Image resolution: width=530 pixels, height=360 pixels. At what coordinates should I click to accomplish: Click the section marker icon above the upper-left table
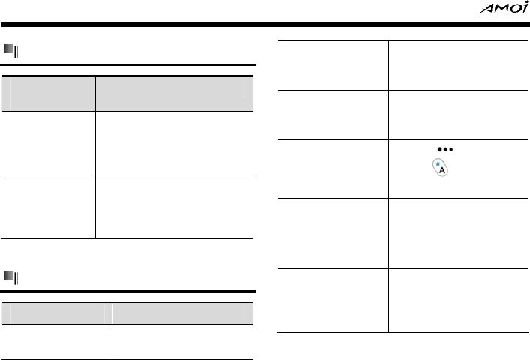point(11,52)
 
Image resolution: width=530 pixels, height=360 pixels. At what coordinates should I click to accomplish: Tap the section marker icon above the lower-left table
point(11,278)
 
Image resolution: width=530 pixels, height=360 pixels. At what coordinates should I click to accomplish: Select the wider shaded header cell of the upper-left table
point(174,93)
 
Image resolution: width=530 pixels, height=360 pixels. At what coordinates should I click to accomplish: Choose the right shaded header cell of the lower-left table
point(183,313)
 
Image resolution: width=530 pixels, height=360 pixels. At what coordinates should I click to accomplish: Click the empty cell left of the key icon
point(331,168)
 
